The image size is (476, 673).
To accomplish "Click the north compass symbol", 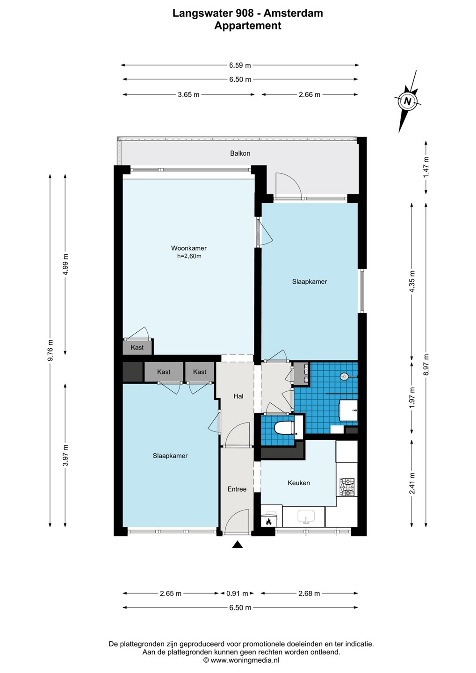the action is (x=407, y=101).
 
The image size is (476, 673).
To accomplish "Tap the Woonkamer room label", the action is (x=189, y=248).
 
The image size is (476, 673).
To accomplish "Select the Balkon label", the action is (x=240, y=153).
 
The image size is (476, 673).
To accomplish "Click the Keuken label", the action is (x=299, y=483).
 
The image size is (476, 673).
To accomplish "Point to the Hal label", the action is (x=238, y=396).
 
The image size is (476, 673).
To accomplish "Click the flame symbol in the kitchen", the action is (x=268, y=522).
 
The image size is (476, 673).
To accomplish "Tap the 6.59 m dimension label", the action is (x=240, y=65).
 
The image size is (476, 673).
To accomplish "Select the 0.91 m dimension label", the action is (x=237, y=593).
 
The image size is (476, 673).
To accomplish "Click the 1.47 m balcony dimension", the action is (x=426, y=167).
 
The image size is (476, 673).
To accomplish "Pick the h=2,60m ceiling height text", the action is (x=189, y=256).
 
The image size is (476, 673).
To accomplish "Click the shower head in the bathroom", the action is (x=344, y=376).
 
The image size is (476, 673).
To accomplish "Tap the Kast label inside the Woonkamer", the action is (x=137, y=347).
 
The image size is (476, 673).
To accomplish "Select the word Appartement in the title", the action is (x=248, y=26).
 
